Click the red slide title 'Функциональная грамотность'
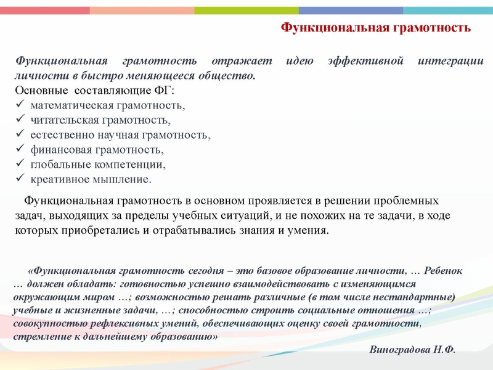(376, 28)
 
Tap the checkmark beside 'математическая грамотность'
(19, 105)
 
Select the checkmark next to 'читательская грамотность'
(19, 120)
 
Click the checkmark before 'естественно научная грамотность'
(19, 135)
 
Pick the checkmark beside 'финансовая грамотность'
(19, 150)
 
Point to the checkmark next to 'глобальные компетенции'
(19, 165)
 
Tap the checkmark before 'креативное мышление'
(19, 179)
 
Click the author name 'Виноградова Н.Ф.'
(412, 349)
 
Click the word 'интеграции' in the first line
(452, 62)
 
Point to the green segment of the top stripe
(246, 10)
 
